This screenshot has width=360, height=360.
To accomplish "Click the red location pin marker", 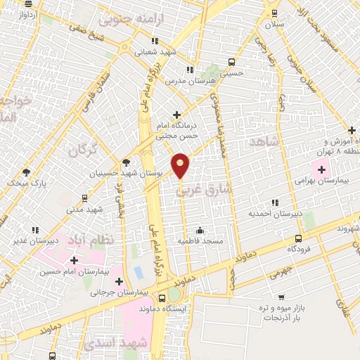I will coord(181,165).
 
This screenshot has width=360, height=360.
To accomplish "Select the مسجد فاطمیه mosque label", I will coord(200,241).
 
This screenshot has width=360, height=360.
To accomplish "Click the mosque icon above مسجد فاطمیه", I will coord(200,229).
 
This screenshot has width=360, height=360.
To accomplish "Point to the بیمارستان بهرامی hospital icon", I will coord(323,169).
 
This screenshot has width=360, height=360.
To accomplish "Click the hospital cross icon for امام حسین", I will coord(74,260).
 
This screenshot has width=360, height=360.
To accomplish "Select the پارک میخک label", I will coord(26,183).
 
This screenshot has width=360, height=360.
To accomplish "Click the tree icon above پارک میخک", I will coord(27,172).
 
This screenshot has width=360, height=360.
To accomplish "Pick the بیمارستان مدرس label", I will coord(188,81).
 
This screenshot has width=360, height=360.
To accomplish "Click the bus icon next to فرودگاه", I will coord(299,238).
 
